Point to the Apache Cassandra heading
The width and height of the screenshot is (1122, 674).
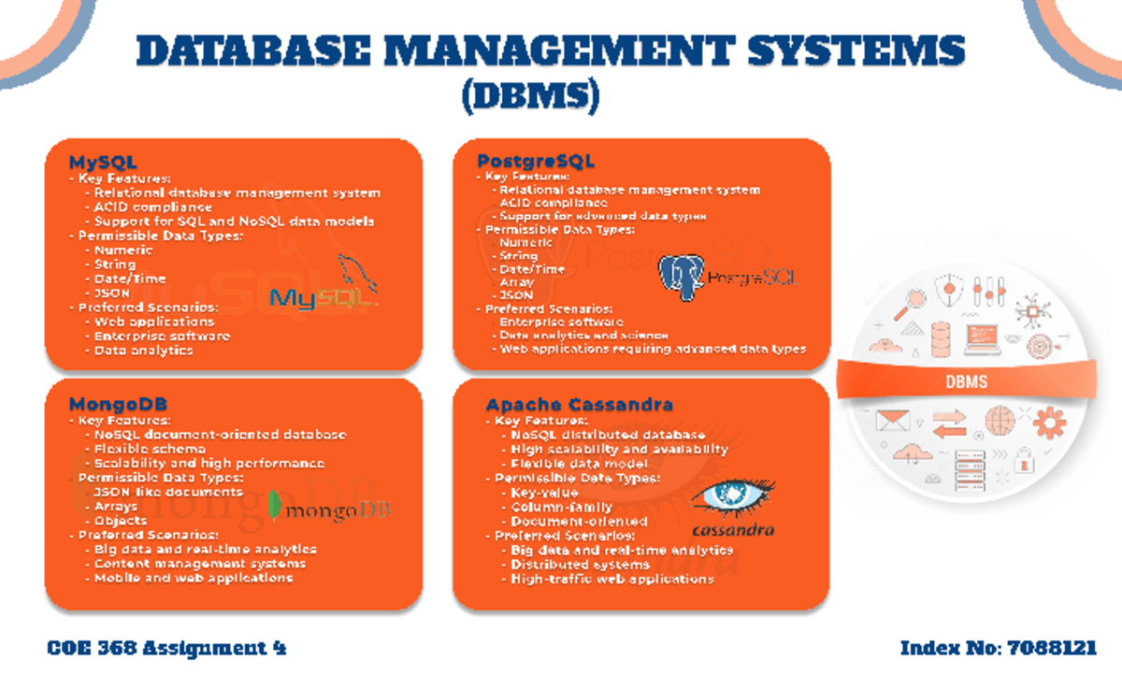click(x=579, y=405)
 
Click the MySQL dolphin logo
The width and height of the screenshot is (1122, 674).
click(x=324, y=284)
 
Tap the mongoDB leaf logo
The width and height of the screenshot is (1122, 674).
click(x=274, y=506)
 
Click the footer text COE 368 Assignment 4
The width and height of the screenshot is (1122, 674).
click(x=166, y=648)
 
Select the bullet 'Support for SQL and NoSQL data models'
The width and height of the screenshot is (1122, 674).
click(x=234, y=222)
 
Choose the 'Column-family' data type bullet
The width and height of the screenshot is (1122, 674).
click(x=549, y=507)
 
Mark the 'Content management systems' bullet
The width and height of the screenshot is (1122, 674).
click(x=199, y=564)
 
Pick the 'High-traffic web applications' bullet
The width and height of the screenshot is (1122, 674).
click(x=611, y=579)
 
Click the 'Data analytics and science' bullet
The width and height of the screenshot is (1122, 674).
click(x=583, y=335)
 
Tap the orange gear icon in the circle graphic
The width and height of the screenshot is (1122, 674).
click(x=1049, y=423)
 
